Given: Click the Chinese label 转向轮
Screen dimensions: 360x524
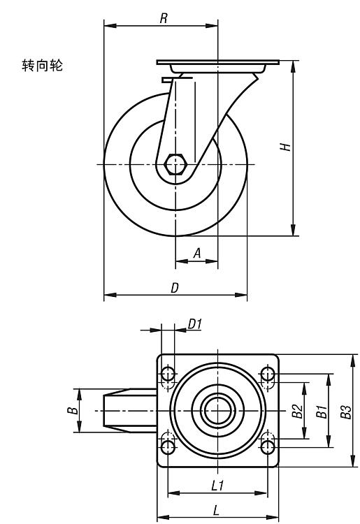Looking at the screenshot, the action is click(x=42, y=66).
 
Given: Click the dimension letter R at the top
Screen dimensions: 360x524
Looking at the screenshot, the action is click(x=164, y=18).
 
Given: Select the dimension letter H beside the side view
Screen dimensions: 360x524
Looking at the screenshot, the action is click(x=285, y=147).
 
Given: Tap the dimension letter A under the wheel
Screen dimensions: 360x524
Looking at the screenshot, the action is click(x=198, y=253).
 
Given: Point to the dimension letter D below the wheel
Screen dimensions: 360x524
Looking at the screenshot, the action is click(x=175, y=287).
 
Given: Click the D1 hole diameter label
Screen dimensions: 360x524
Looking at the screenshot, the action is click(x=194, y=323).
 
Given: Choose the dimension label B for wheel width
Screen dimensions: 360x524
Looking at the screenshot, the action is click(x=73, y=410).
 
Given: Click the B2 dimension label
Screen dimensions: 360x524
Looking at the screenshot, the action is click(x=297, y=411).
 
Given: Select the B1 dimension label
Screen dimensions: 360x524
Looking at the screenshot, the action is click(x=322, y=412).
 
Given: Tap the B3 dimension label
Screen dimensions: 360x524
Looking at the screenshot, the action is click(x=346, y=412).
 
